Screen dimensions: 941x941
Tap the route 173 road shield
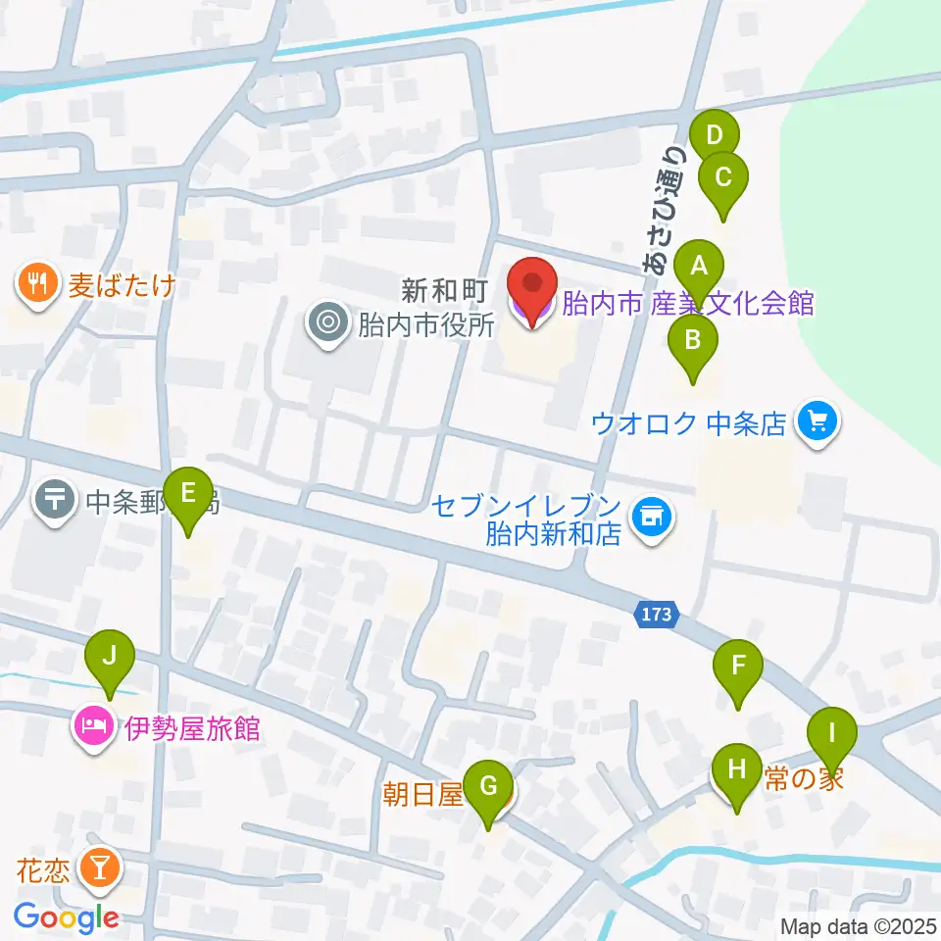656,615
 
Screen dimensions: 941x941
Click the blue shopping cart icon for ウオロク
817,422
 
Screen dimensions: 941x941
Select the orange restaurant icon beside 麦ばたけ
37,285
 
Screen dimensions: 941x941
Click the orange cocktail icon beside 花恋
100,867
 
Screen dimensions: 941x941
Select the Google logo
66,917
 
